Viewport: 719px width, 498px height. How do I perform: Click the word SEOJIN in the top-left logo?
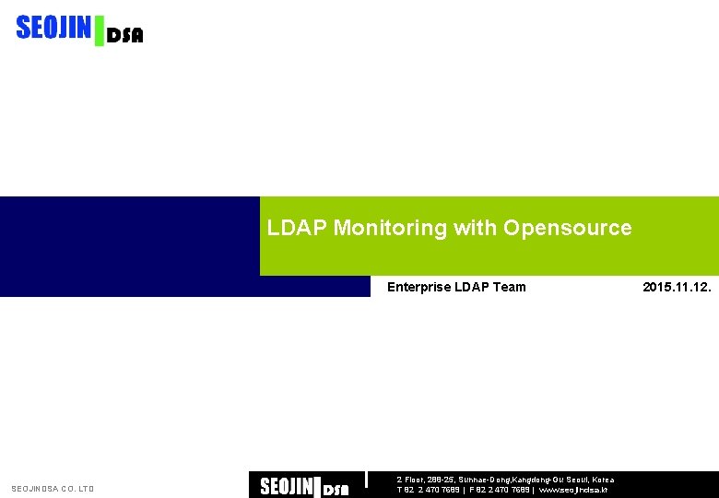click(x=53, y=29)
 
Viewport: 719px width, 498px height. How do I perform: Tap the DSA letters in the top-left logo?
click(x=125, y=36)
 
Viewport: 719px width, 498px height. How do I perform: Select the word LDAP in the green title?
click(x=297, y=228)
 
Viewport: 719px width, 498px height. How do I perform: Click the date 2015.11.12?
click(x=676, y=287)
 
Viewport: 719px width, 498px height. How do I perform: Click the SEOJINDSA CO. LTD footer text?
click(x=53, y=489)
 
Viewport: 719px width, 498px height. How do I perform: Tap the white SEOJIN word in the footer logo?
click(x=287, y=486)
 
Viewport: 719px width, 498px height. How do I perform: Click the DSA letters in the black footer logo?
click(x=336, y=490)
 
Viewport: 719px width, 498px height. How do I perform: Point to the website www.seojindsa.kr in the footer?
click(x=572, y=490)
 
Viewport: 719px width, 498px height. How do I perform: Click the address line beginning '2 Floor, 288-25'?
click(x=505, y=480)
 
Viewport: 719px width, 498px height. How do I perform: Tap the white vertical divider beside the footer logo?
click(x=367, y=479)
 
